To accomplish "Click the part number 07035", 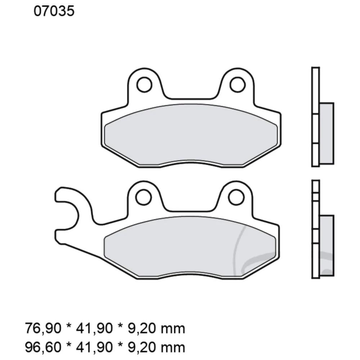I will point(54,12).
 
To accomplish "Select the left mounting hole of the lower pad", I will point(144,197).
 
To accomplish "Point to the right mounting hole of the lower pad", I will point(237,197).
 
